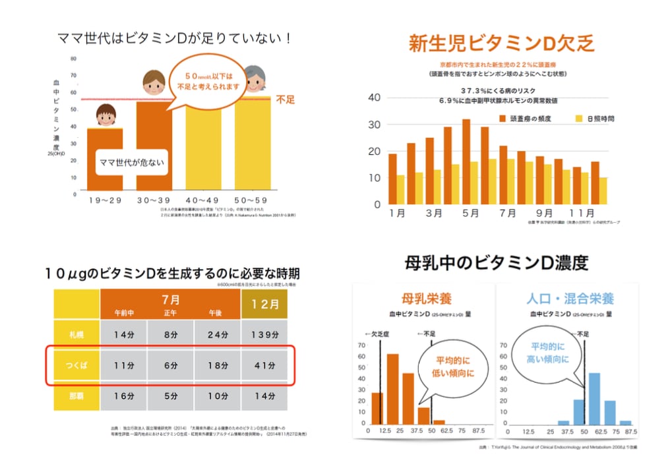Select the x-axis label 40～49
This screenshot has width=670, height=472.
[x=203, y=199]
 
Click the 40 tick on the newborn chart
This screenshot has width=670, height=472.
[x=374, y=98]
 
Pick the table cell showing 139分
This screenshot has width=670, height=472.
[x=265, y=335]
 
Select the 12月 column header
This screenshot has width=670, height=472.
[x=265, y=305]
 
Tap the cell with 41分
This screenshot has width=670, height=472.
[x=265, y=364]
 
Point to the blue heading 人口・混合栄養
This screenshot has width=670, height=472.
[x=567, y=299]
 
